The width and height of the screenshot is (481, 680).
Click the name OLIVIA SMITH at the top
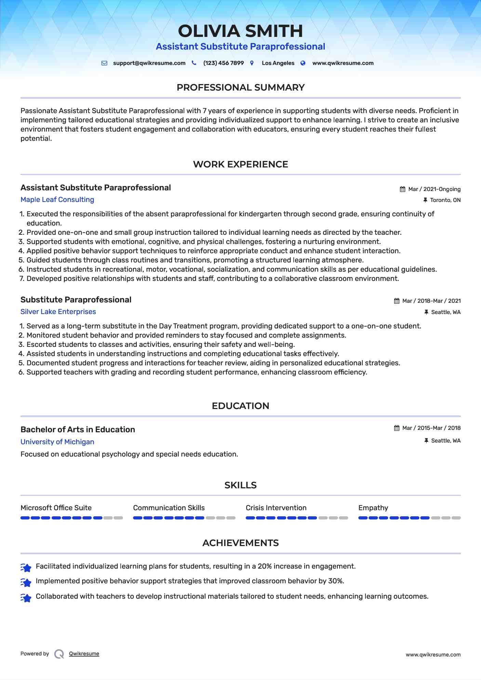[240, 31]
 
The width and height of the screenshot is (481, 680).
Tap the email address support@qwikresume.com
[149, 63]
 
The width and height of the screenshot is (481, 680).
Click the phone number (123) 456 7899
[223, 63]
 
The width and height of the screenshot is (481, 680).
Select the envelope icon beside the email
[105, 63]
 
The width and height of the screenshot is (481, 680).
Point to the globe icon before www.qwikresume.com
[303, 63]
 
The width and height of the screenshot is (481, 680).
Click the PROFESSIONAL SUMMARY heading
[240, 87]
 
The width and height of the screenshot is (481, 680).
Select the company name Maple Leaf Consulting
[57, 200]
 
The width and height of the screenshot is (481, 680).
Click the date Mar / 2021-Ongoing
[434, 189]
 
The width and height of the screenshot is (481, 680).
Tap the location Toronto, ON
[445, 200]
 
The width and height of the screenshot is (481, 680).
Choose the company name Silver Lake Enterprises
[58, 312]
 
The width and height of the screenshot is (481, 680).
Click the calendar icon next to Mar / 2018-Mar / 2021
[397, 301]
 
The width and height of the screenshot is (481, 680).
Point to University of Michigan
[57, 442]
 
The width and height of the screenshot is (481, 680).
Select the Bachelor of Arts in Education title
[78, 430]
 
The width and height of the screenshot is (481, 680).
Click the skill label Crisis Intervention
[276, 508]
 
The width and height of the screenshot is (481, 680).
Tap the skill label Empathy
[373, 508]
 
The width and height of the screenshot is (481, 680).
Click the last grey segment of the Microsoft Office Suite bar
[118, 518]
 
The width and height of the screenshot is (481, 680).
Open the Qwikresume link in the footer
[84, 654]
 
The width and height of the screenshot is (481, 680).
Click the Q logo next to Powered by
[59, 654]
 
